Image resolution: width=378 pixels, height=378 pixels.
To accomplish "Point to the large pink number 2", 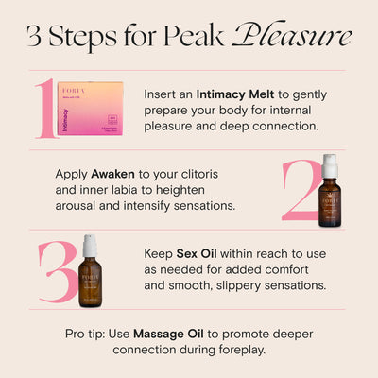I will [305, 189].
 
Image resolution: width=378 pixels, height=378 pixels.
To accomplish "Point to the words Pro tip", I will [84, 334].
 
